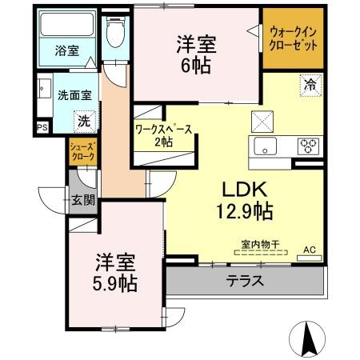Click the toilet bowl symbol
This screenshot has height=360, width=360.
coord(115,32)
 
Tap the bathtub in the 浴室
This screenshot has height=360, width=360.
coord(66,24)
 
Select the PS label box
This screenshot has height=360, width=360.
coord(42,127)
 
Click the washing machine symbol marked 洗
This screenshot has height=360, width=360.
coord(85,122)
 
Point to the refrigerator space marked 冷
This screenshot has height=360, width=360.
coord(310,86)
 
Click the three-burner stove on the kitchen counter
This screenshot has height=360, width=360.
coord(309,146)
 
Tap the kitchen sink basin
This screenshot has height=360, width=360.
coord(265,146)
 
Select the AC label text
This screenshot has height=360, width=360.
coord(310,250)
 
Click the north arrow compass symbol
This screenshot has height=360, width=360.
coord(307,338)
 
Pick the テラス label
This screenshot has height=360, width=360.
coord(245,281)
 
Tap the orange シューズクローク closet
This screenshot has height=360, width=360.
coord(82,152)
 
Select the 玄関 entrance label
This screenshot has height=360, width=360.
coord(83,199)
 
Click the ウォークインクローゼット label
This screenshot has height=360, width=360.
coord(293,38)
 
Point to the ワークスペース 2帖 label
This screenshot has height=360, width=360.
coord(164,135)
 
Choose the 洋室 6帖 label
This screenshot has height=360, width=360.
coord(196,54)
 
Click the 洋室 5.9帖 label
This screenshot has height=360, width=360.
coord(115,272)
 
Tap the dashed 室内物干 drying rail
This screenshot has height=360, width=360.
coord(261,252)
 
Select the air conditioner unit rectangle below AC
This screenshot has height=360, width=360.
coord(310,258)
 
